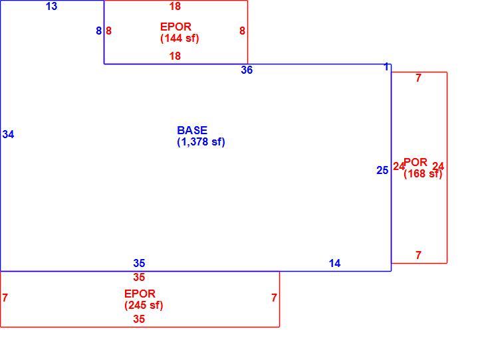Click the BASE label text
pos(192,130)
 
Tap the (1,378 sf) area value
pos(201,142)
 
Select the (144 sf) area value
pos(180,39)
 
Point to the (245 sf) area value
pos(144,306)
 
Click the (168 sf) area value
pos(423,174)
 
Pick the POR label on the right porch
pos(416,162)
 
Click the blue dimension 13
pos(51,6)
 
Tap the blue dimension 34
pos(8,134)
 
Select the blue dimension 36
pos(247,70)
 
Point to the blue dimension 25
pos(382,170)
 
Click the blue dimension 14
pos(334,263)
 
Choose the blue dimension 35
pos(139,263)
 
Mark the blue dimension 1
pos(387,66)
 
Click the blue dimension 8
pos(98,31)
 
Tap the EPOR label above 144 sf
pos(176,27)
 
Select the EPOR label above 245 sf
pos(140,294)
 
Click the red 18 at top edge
pos(175,6)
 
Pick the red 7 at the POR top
pos(418,78)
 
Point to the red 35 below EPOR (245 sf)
pos(139,319)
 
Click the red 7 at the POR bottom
pos(418,255)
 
